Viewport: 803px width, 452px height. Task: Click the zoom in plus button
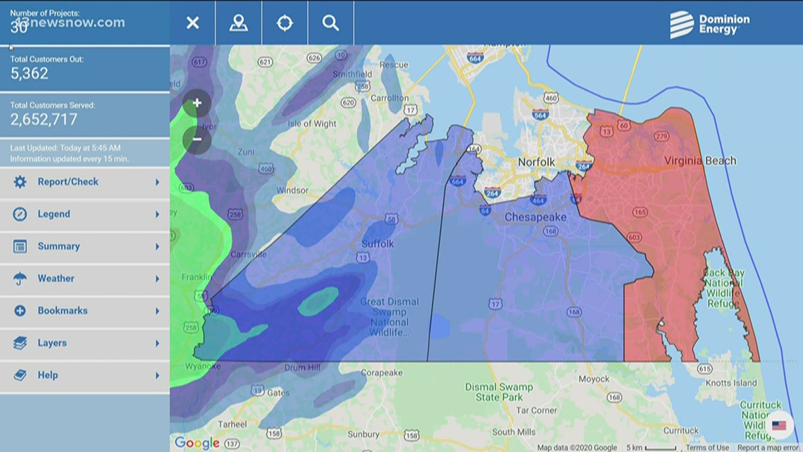pyautogui.click(x=197, y=104)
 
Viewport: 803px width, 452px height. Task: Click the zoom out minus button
pyautogui.click(x=197, y=139)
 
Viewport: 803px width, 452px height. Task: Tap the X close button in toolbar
pyautogui.click(x=192, y=23)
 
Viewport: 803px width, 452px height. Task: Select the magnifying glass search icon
pyautogui.click(x=330, y=23)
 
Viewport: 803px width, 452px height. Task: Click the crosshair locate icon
pyautogui.click(x=285, y=23)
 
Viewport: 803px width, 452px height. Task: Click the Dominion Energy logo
pyautogui.click(x=709, y=24)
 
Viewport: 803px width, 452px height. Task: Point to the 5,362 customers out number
pyautogui.click(x=30, y=73)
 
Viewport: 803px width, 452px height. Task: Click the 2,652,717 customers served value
pyautogui.click(x=44, y=119)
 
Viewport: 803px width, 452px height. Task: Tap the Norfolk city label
pyautogui.click(x=536, y=162)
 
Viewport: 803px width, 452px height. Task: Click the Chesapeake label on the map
pyautogui.click(x=535, y=217)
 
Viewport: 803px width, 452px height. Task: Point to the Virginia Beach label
pyautogui.click(x=699, y=161)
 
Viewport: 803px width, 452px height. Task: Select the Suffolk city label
pyautogui.click(x=378, y=244)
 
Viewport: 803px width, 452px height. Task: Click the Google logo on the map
pyautogui.click(x=197, y=443)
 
